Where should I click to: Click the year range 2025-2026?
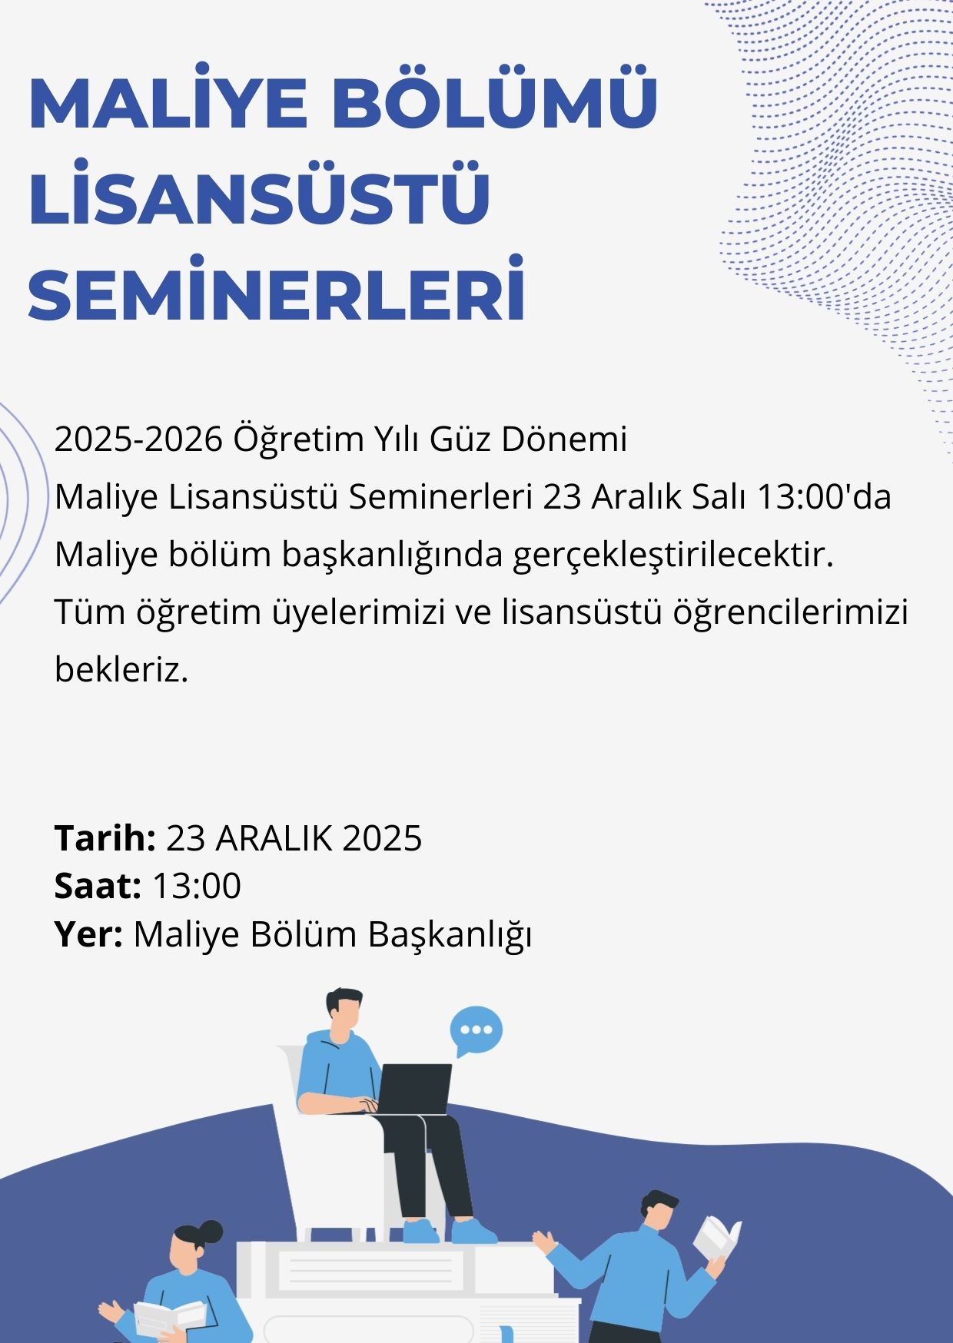[x=138, y=439]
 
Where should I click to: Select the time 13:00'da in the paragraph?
[x=824, y=496]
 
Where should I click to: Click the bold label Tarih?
[x=105, y=837]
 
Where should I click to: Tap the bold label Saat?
[x=98, y=886]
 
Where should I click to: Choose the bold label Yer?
[x=88, y=934]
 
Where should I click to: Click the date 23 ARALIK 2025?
[x=294, y=838]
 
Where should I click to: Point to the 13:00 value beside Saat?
[x=197, y=886]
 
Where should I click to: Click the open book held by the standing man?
[x=717, y=1238]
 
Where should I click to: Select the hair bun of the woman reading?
[x=209, y=1232]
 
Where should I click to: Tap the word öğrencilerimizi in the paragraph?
[x=791, y=613]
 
